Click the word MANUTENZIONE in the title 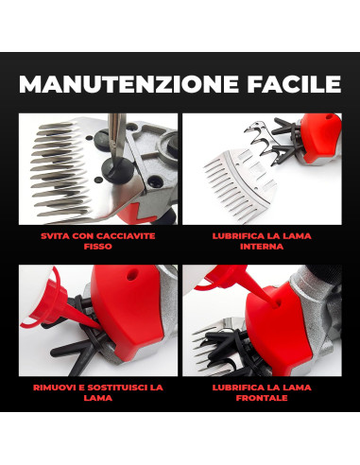pyautogui.click(x=127, y=85)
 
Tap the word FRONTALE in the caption pyautogui.click(x=262, y=398)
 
